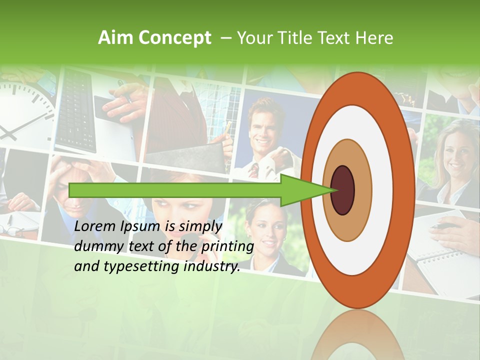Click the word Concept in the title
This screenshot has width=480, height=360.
tap(174, 38)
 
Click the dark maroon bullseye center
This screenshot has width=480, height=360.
tap(343, 190)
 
